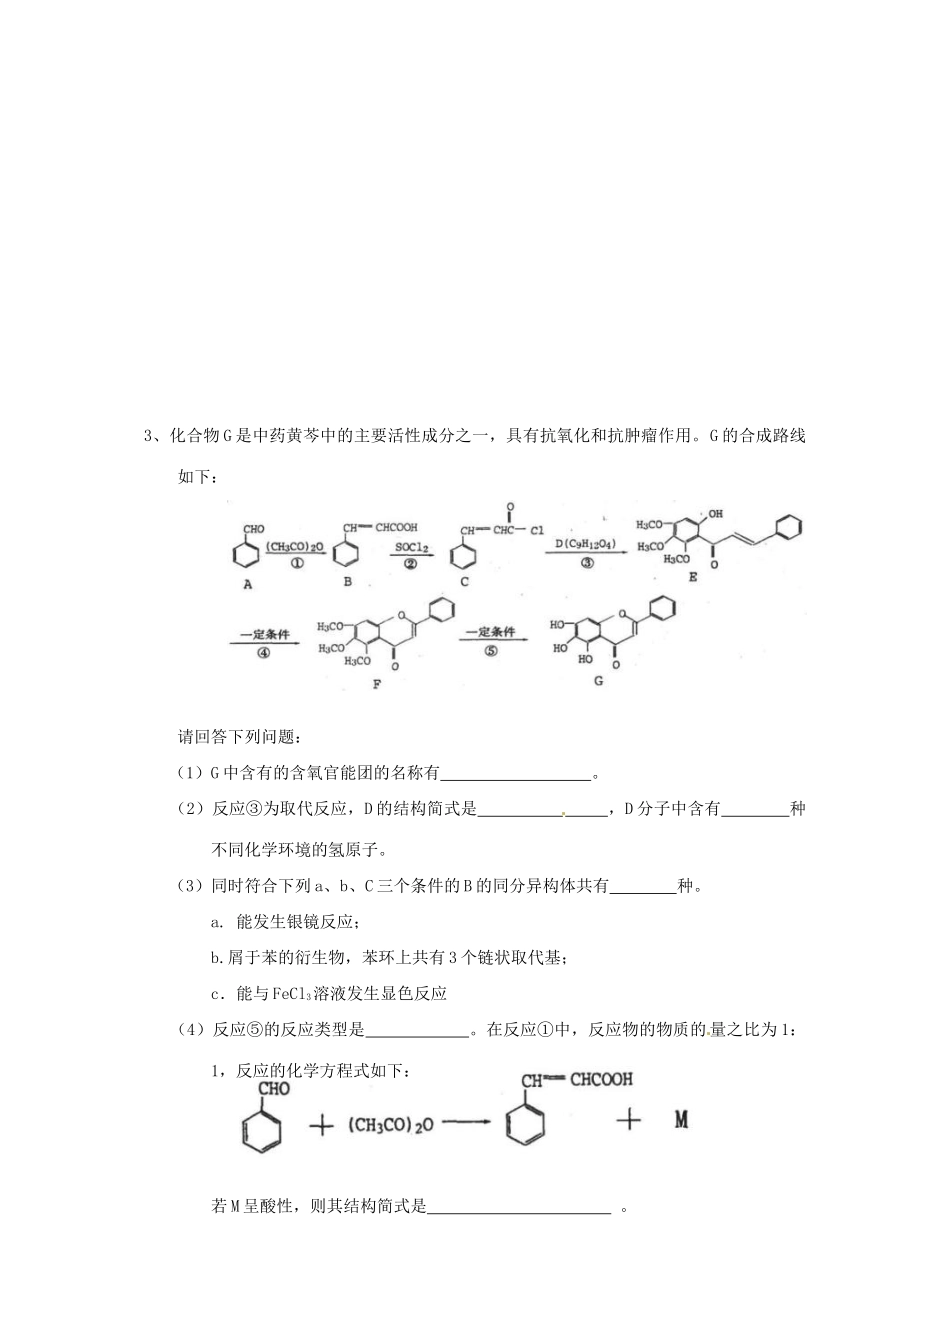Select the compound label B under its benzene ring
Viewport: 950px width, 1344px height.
(347, 581)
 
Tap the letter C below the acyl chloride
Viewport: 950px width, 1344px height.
(464, 581)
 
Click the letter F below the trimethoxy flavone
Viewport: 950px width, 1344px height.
(377, 683)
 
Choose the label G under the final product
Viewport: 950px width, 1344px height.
(598, 681)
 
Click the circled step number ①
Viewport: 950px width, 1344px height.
(296, 563)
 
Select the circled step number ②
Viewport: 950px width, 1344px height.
(410, 563)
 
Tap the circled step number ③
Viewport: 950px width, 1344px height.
(587, 563)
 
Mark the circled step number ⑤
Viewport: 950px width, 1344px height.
(490, 651)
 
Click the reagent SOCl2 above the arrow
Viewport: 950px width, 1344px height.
(411, 547)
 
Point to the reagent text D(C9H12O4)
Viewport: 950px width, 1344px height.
(586, 545)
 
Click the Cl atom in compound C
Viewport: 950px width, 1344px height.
(537, 531)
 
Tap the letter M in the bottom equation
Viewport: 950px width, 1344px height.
(681, 1119)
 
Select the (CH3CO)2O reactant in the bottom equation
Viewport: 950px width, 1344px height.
(391, 1125)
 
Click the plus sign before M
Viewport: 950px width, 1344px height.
(628, 1119)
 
